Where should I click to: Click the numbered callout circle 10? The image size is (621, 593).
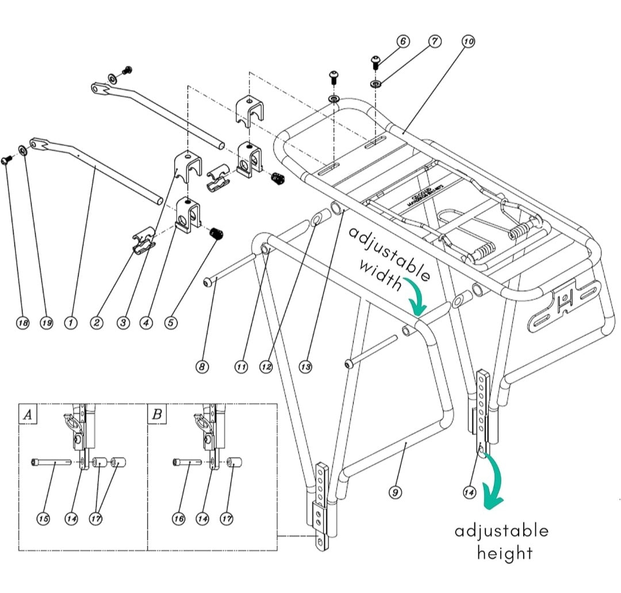click(x=468, y=41)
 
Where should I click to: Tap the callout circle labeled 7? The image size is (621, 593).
click(x=435, y=41)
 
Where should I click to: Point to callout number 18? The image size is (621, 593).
click(x=22, y=323)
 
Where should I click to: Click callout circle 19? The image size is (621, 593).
click(x=47, y=323)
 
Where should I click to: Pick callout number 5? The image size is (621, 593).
click(x=171, y=323)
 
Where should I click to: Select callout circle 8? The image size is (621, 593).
click(x=202, y=366)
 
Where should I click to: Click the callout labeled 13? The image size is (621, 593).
click(x=305, y=366)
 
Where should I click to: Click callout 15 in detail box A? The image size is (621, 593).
click(x=43, y=519)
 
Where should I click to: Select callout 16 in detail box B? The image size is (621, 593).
click(x=179, y=519)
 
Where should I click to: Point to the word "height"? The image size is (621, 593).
click(x=504, y=553)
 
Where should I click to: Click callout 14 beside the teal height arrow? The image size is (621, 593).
click(x=469, y=492)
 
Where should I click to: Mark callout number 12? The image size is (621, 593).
click(x=266, y=366)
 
